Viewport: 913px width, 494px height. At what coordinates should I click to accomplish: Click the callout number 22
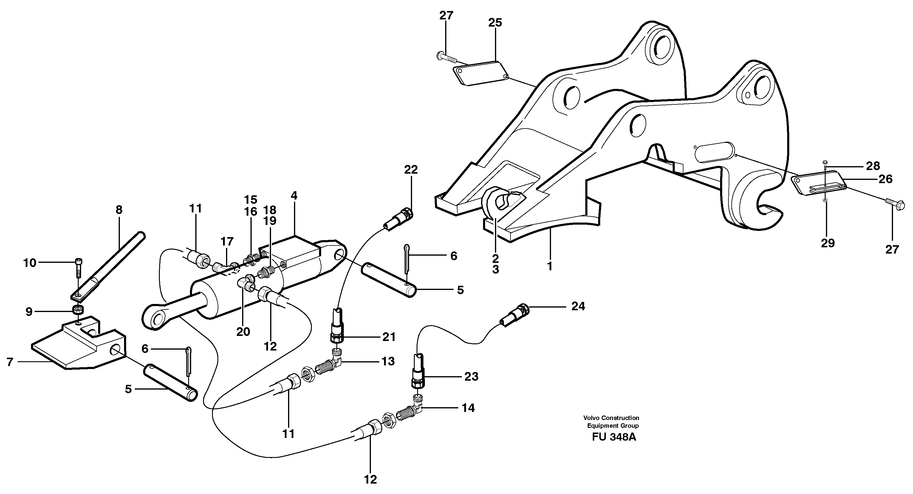point(411,169)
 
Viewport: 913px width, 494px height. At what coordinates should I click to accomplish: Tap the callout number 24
point(578,306)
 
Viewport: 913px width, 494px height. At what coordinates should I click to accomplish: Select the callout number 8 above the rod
point(119,210)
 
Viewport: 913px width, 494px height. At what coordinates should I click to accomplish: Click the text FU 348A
point(614,437)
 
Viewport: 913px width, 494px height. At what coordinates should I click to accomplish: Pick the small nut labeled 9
point(78,310)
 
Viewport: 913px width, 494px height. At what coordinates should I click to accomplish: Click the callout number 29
point(828,243)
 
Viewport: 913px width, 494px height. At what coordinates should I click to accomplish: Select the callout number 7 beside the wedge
point(10,362)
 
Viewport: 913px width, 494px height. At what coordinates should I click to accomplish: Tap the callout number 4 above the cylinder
point(294,195)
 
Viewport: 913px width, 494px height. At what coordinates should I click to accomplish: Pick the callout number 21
point(389,337)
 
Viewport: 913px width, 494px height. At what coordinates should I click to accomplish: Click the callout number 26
point(885,179)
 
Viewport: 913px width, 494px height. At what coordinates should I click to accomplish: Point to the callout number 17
point(227,242)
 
